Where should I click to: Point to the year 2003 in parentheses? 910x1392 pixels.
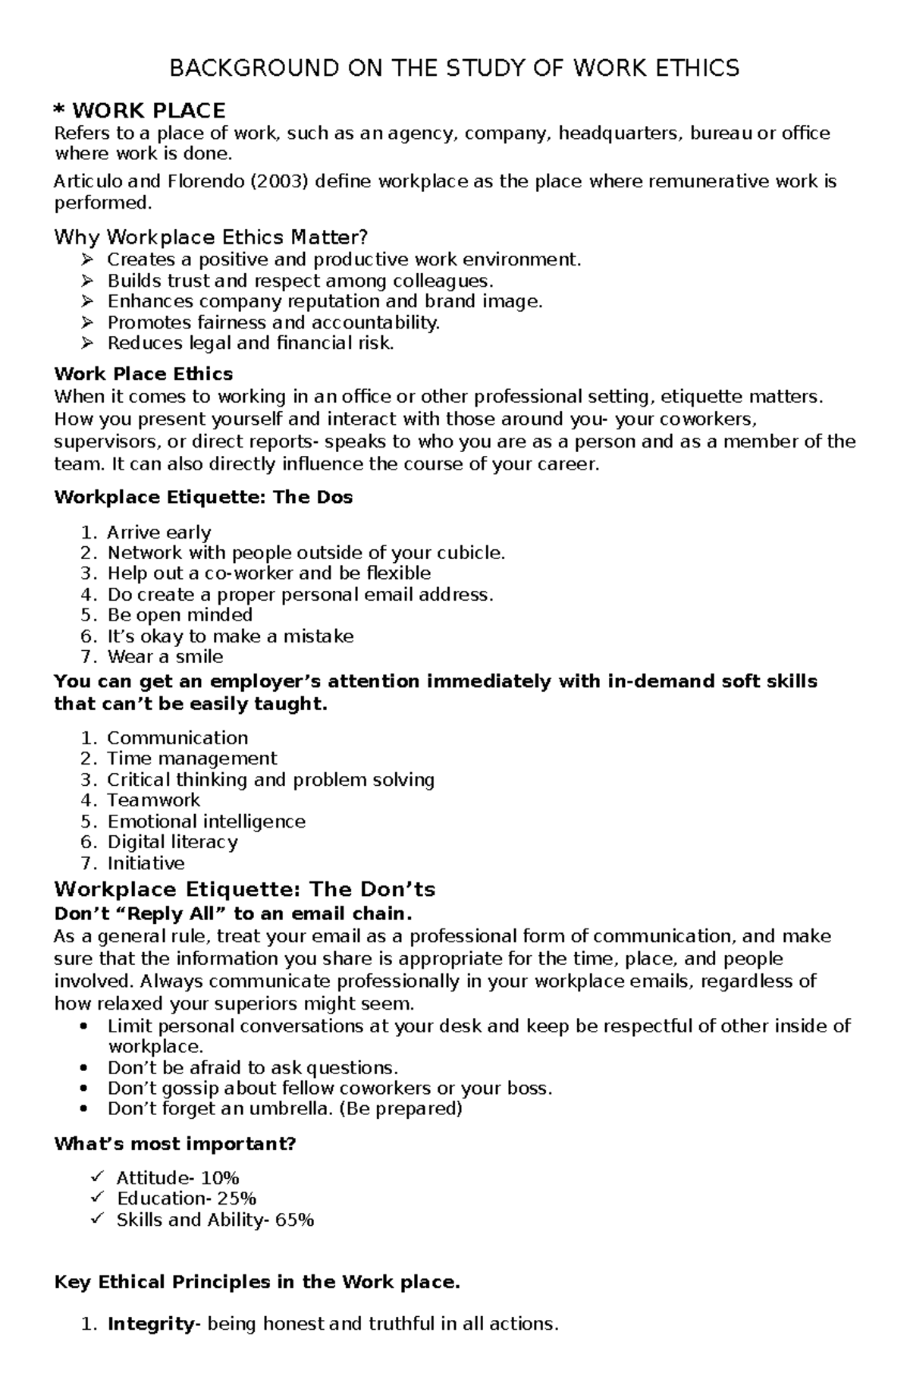[279, 181]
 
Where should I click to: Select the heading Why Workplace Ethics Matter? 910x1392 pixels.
[210, 237]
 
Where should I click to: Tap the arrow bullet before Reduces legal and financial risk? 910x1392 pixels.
[86, 343]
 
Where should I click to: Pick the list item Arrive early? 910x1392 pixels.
[158, 533]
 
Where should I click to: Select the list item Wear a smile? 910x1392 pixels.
[165, 657]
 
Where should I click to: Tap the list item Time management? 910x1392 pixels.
[192, 759]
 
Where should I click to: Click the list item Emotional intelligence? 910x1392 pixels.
[206, 822]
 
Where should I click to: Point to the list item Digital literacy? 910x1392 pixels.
[172, 842]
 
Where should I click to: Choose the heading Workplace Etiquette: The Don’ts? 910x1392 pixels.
[244, 889]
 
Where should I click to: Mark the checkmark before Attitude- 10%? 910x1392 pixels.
[96, 1177]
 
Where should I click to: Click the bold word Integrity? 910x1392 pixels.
[151, 1324]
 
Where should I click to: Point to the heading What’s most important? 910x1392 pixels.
[174, 1143]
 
